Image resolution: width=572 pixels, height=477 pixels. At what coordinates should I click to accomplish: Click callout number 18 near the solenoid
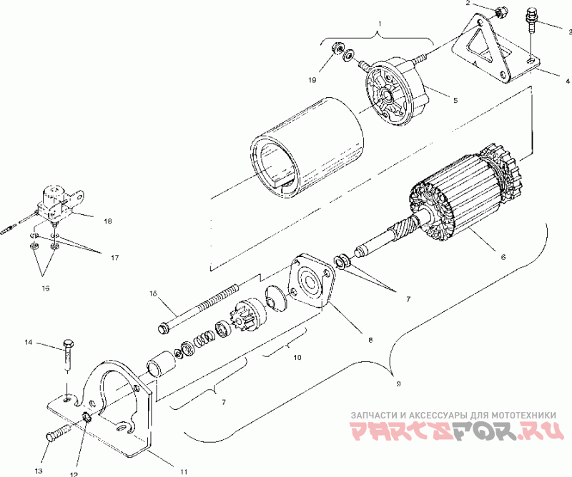tap(107, 221)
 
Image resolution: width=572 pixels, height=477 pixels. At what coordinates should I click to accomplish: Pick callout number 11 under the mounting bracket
tap(184, 471)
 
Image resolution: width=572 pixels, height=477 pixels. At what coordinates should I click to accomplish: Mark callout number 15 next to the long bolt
tap(152, 293)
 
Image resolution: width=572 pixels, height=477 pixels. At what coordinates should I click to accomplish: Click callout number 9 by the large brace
tap(398, 383)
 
